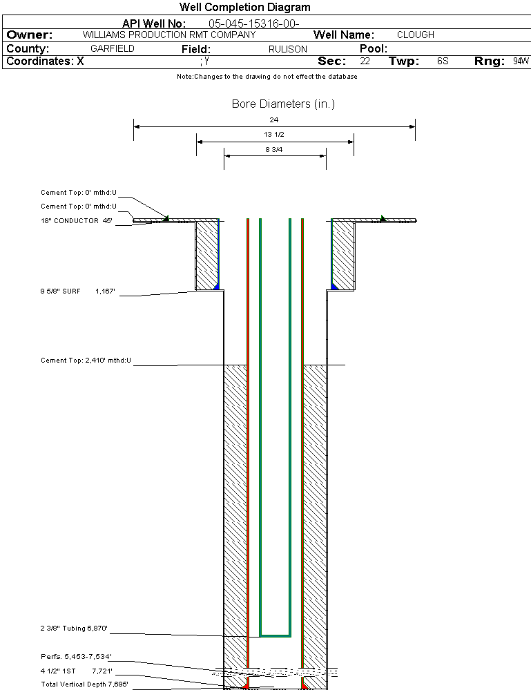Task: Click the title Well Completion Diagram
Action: pyautogui.click(x=245, y=8)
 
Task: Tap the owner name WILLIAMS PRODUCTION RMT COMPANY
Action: pyautogui.click(x=169, y=35)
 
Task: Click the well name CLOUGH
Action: pyautogui.click(x=416, y=35)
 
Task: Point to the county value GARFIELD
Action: pyautogui.click(x=113, y=49)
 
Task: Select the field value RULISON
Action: pyautogui.click(x=288, y=49)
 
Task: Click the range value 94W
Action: pyautogui.click(x=521, y=61)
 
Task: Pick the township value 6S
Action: pyautogui.click(x=443, y=61)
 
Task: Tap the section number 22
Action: pyautogui.click(x=365, y=61)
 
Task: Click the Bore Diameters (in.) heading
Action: pyautogui.click(x=283, y=104)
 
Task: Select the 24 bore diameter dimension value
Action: pyautogui.click(x=274, y=120)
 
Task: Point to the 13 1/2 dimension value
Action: pyautogui.click(x=274, y=135)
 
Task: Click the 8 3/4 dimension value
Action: pyautogui.click(x=274, y=148)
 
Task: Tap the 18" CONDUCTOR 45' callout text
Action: pyautogui.click(x=76, y=221)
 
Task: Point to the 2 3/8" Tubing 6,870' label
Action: pyautogui.click(x=74, y=629)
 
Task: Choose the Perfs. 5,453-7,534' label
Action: pyautogui.click(x=76, y=656)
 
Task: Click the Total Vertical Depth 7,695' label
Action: pyautogui.click(x=84, y=684)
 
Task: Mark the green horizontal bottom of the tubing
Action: pyautogui.click(x=275, y=634)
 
